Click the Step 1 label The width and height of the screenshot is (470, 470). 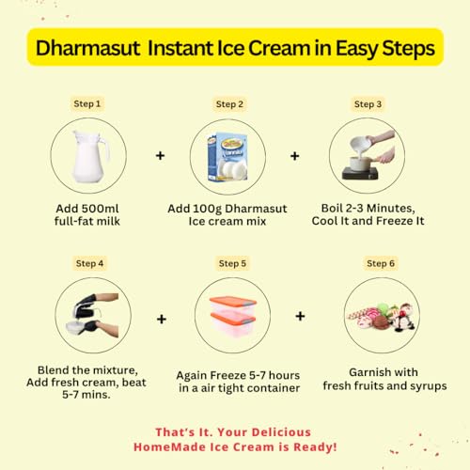(87, 103)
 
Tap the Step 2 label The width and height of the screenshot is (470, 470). (229, 104)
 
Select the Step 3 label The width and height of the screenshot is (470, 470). (368, 104)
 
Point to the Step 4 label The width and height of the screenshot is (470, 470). (89, 263)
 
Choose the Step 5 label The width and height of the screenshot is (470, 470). (232, 263)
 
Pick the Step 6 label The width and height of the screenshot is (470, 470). (381, 263)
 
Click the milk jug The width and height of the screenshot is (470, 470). (90, 157)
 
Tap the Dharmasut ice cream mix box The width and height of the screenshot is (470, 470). (227, 157)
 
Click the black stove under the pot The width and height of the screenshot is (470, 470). (360, 173)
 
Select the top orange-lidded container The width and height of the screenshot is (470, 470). (233, 306)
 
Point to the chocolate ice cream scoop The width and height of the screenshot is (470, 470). (381, 322)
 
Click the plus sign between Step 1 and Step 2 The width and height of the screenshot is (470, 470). (161, 155)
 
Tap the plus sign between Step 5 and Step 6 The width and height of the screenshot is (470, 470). (300, 316)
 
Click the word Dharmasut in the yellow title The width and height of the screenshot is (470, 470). (88, 48)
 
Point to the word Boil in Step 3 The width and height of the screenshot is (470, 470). (332, 208)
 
